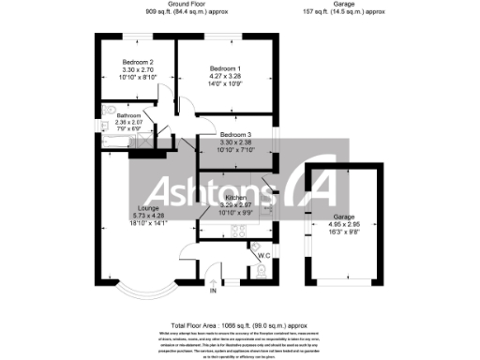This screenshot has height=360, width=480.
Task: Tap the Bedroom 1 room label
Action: point(225,68)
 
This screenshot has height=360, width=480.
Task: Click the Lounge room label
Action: point(122,208)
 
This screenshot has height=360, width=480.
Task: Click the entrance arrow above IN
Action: point(213,281)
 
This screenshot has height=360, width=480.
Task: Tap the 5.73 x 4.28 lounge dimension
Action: point(122,216)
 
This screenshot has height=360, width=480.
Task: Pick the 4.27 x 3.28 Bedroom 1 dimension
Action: point(225,77)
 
